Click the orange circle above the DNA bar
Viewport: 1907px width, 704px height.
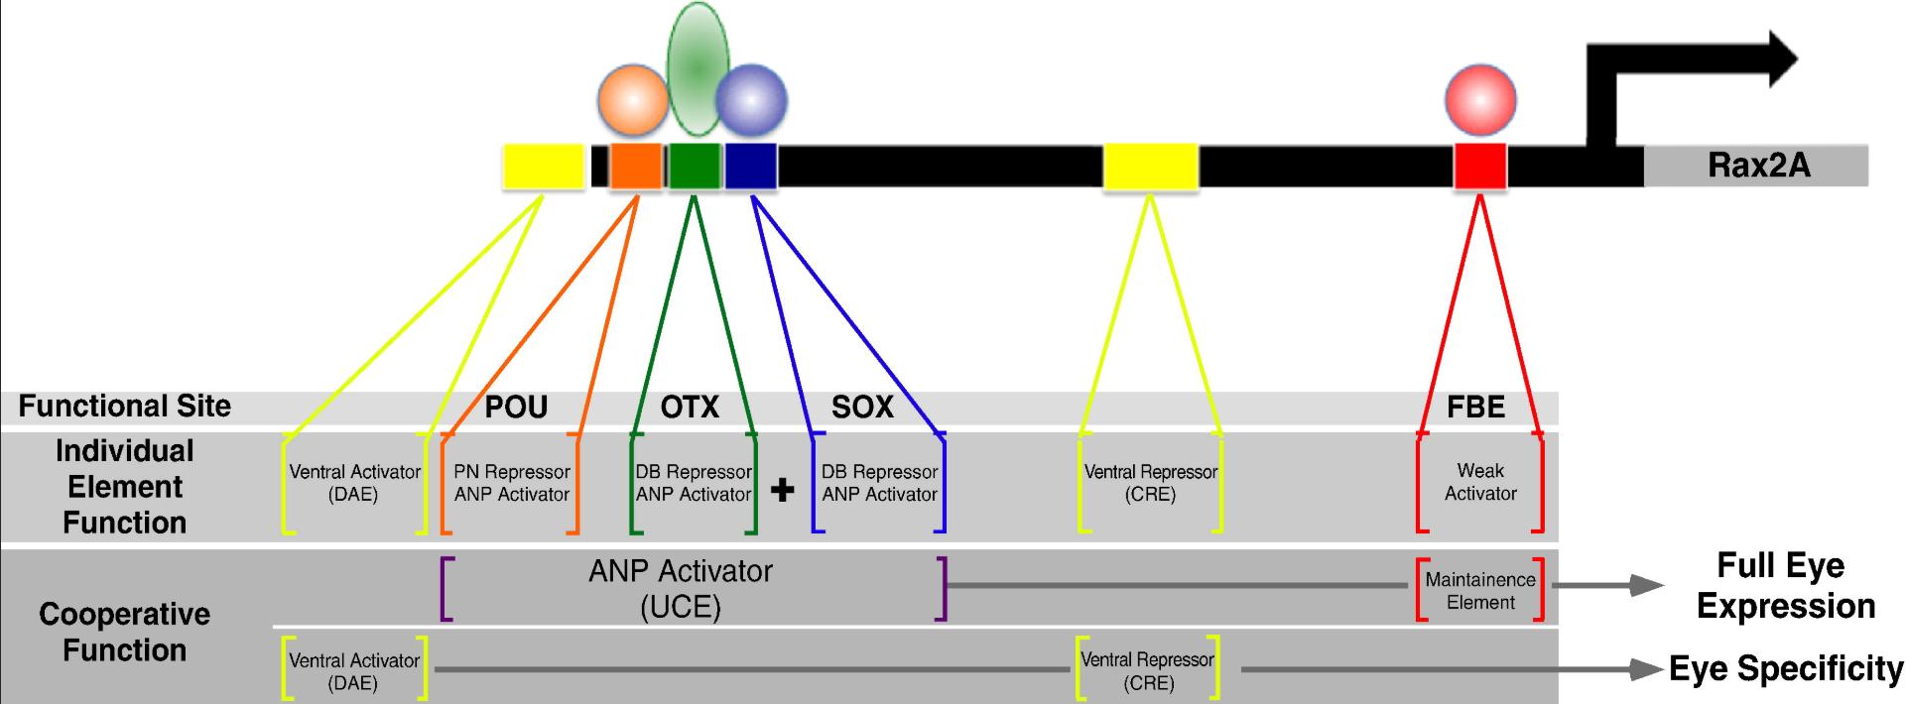(x=633, y=100)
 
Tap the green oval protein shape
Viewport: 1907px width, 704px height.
(x=699, y=68)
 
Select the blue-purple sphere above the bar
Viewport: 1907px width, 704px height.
(x=752, y=100)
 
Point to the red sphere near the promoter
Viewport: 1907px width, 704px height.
(x=1480, y=100)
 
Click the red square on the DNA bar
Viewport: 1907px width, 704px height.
(x=1480, y=167)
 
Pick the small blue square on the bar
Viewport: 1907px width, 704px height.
(x=750, y=167)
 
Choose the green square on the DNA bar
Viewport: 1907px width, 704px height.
(x=694, y=167)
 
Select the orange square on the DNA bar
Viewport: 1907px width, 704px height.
(x=636, y=167)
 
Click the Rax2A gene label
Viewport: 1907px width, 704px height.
(x=1758, y=166)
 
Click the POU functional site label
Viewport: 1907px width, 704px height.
(x=516, y=407)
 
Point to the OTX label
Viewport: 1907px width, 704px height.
(x=690, y=407)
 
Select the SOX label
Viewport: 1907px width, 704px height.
(x=862, y=407)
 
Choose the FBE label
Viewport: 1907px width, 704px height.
(x=1475, y=407)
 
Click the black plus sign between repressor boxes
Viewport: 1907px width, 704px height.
(x=782, y=490)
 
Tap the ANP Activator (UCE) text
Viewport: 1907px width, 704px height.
(x=681, y=589)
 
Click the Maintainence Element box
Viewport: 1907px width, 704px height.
(x=1480, y=591)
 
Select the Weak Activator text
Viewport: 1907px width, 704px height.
(x=1480, y=482)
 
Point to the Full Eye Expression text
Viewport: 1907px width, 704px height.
(x=1785, y=586)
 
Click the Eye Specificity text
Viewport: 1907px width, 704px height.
(x=1785, y=669)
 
